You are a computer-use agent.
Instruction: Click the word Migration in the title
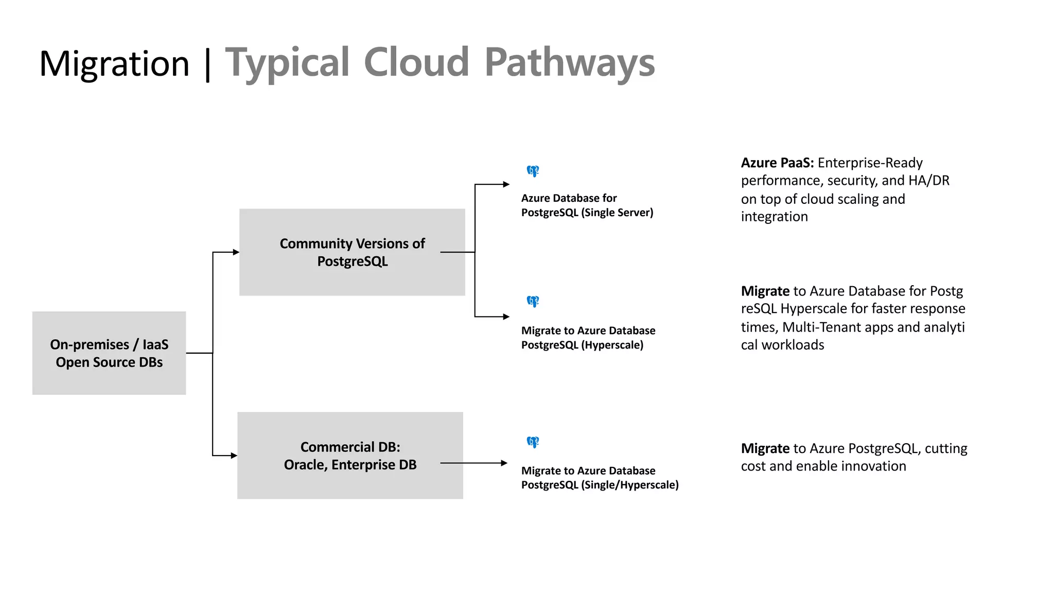(x=114, y=64)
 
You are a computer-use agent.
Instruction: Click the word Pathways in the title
(x=569, y=63)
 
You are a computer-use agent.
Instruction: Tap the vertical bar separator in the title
(x=207, y=64)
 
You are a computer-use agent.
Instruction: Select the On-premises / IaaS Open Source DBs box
(x=109, y=353)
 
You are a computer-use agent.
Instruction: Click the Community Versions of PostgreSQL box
(x=352, y=252)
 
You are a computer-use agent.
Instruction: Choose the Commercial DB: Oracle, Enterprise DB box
(x=350, y=456)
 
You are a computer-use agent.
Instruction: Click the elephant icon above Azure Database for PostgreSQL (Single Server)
(x=533, y=171)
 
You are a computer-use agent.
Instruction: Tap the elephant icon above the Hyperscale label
(x=533, y=301)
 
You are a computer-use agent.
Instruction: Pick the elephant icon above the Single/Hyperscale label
(x=533, y=442)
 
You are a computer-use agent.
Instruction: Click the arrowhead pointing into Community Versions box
(x=236, y=252)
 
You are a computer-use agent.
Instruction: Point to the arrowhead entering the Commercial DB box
(x=234, y=456)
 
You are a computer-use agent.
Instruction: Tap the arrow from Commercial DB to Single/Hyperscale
(x=473, y=463)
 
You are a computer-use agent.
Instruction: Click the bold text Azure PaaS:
(x=777, y=163)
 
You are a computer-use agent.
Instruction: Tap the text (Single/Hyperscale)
(x=629, y=485)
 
